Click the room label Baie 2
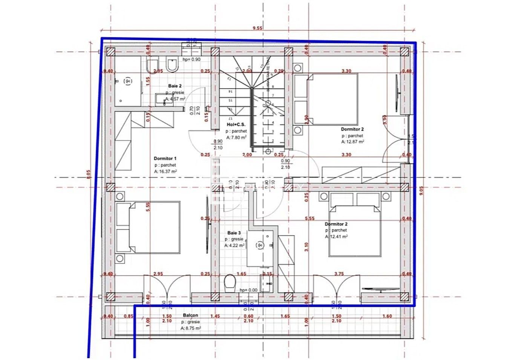(x=175, y=86)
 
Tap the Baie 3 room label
(x=234, y=233)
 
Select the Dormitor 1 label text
(x=165, y=159)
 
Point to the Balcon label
(x=190, y=315)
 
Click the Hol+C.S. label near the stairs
(x=236, y=124)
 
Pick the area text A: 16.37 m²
(x=165, y=172)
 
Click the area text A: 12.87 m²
(x=352, y=142)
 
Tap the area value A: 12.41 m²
(x=336, y=237)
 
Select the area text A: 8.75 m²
(x=190, y=328)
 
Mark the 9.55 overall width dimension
(x=257, y=28)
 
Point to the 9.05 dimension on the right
(x=421, y=190)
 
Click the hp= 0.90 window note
(x=191, y=60)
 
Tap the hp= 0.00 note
(x=248, y=290)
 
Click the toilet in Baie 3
(x=229, y=283)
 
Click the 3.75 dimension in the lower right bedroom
(x=339, y=274)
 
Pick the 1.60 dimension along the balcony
(x=387, y=316)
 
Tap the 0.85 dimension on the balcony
(x=128, y=316)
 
